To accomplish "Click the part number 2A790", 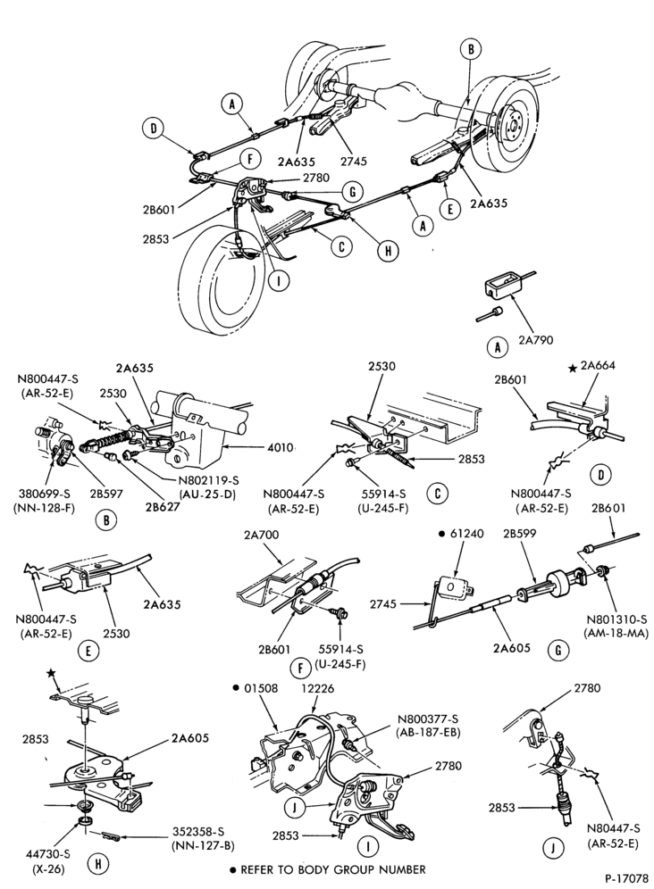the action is point(536,340).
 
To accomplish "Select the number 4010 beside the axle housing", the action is point(281,448).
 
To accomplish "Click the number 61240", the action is point(466,534).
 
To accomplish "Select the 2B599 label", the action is point(519,534).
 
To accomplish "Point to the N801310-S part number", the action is point(616,619).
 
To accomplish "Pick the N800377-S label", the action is point(427,718).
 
